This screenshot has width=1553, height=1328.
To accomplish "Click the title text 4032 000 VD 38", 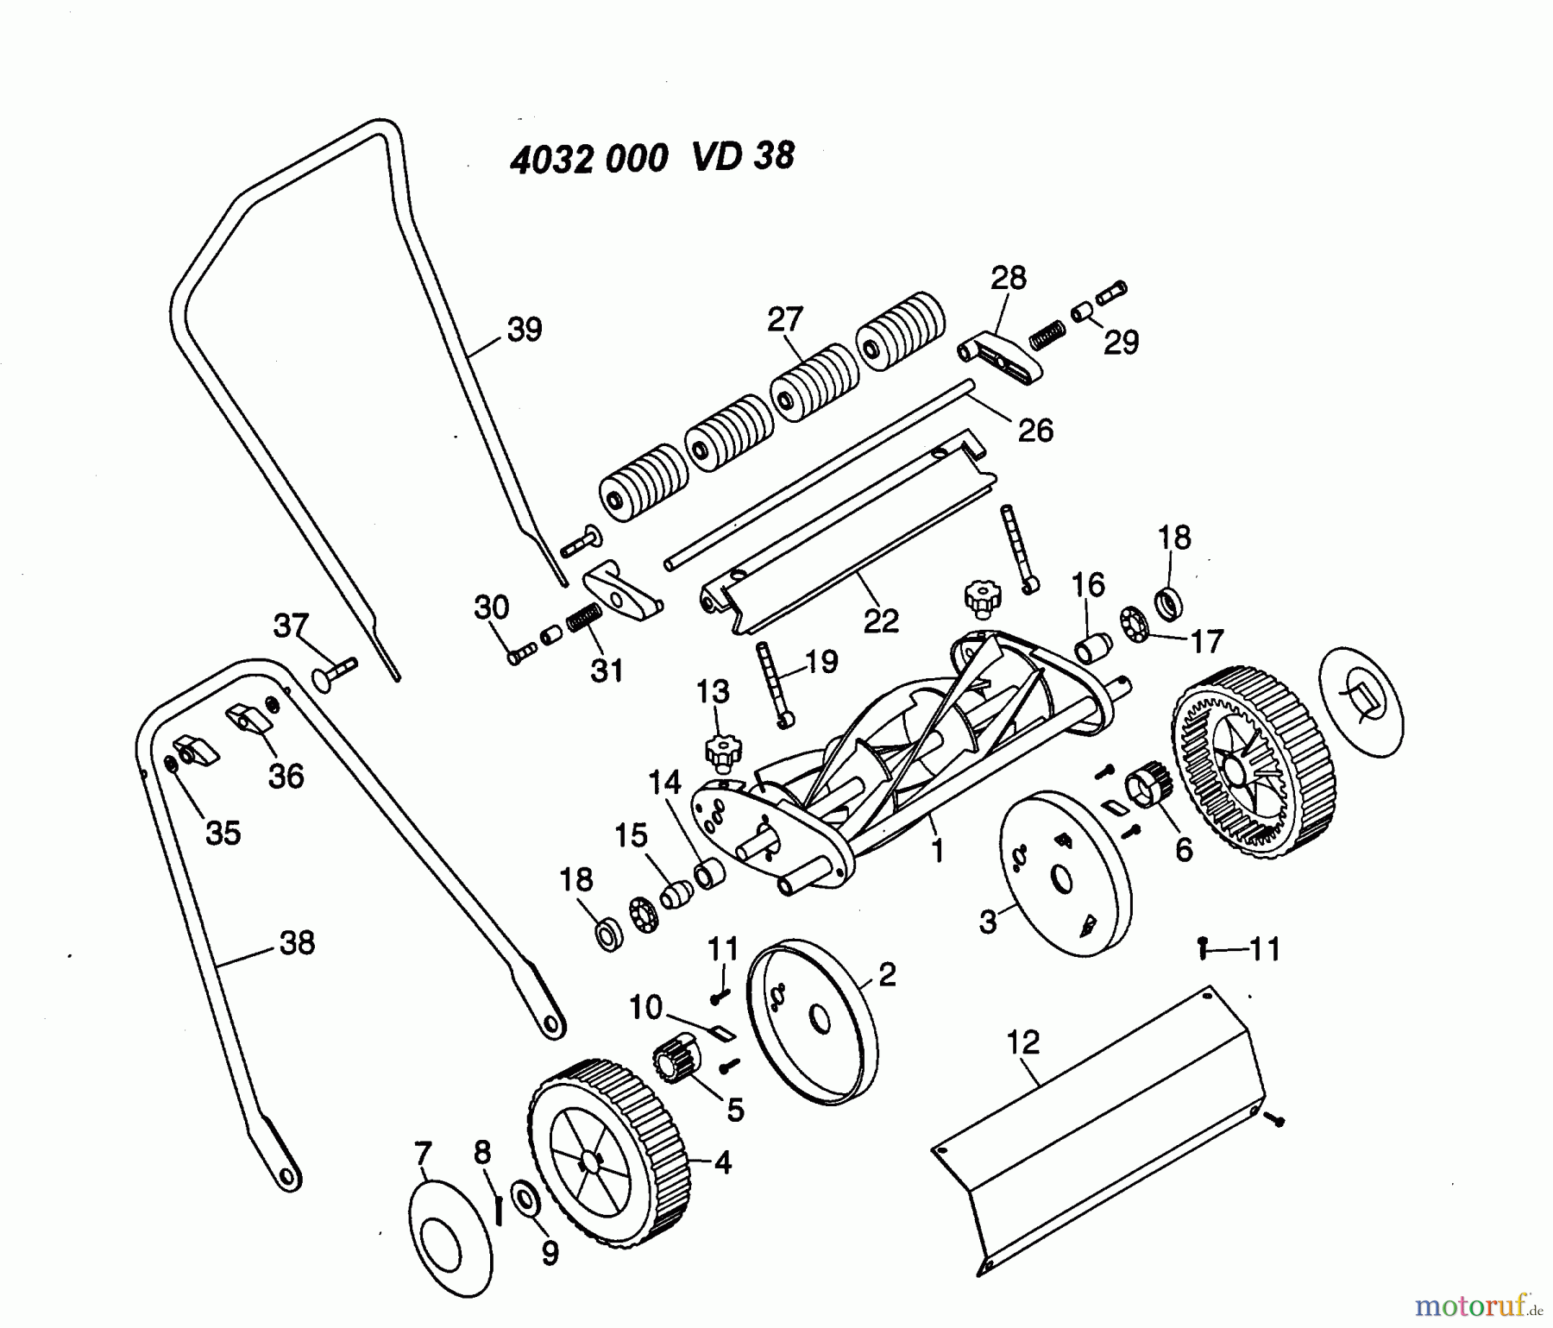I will coord(651,158).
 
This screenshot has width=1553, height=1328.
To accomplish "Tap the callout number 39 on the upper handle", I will coord(524,330).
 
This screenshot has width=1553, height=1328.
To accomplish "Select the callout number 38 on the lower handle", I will coord(297,942).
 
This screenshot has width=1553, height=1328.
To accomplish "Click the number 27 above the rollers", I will coord(785,319).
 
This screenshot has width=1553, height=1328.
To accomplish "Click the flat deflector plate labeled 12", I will coord(1096,1139).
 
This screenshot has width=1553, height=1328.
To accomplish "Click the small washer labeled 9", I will coord(524,1197).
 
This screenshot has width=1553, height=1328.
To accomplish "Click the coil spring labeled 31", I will coord(584,618).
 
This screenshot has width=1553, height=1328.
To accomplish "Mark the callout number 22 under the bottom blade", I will coord(880,620).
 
